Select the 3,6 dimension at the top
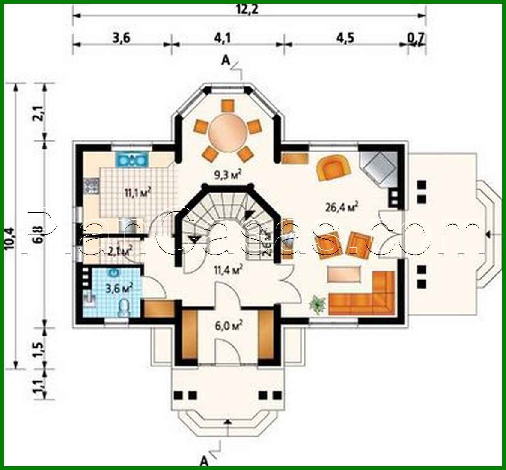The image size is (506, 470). coord(121,38)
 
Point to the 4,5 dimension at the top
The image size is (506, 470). coord(345,38)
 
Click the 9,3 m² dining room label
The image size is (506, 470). coord(228,173)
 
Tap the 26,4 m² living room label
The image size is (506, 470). coord(342,207)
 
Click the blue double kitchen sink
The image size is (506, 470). coord(131,160)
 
